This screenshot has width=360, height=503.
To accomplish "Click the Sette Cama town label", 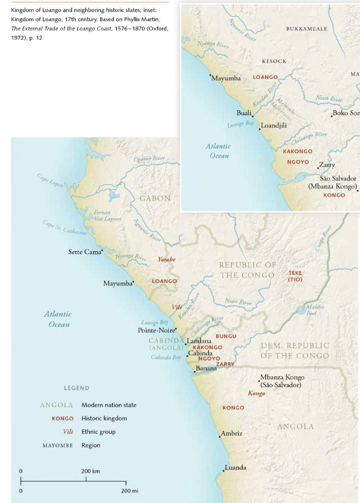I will pos(84,252).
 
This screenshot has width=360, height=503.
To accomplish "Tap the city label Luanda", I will pos(236,468).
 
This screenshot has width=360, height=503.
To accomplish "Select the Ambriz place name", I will pos(232,434).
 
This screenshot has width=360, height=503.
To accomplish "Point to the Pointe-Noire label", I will pos(156,331).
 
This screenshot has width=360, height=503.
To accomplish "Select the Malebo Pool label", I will pos(315,310).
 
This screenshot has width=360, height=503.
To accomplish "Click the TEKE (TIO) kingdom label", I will pos(295,276).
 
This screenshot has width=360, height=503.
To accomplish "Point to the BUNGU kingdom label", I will pos(226,336).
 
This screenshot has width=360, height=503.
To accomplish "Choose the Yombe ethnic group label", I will pos(166,259).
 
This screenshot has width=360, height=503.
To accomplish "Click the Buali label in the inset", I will pos(244,113).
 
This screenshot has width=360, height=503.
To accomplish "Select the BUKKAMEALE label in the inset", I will pos(306,29).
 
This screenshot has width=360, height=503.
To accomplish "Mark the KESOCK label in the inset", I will pos(274,61).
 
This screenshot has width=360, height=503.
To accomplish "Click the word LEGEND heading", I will pos(77,388).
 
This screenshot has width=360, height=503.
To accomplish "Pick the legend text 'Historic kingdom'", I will pos(104,419).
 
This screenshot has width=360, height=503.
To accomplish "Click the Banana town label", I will pos(206,368).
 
